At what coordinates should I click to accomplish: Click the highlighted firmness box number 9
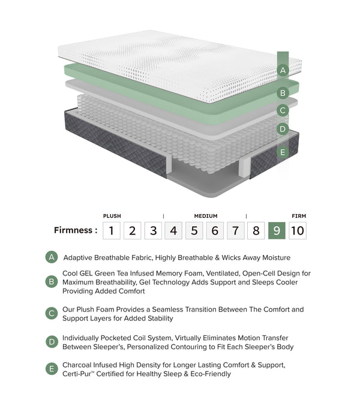tap(276, 230)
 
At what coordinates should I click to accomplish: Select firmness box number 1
tap(112, 230)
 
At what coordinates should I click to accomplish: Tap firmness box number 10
tap(298, 230)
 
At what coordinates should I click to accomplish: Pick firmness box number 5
tap(194, 230)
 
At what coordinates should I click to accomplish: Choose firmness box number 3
tap(153, 230)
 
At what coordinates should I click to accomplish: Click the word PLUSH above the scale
tap(112, 216)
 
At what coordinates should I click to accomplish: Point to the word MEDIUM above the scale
tap(206, 216)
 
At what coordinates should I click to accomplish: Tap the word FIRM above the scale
tap(299, 216)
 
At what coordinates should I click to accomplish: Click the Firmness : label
tap(76, 230)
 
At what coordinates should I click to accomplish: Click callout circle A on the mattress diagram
tap(283, 71)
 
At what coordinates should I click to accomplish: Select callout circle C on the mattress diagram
tap(283, 110)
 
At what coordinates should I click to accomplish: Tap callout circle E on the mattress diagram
tap(283, 152)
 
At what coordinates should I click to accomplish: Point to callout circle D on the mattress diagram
tap(283, 129)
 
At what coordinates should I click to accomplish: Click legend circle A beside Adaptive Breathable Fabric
tap(52, 257)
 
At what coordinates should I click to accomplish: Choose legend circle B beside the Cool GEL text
tap(52, 282)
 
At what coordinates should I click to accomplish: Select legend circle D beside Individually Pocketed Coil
tap(52, 343)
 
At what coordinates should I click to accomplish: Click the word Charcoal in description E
tap(78, 365)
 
